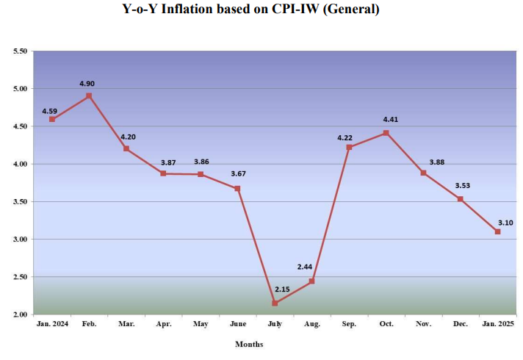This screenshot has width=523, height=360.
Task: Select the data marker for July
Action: pyautogui.click(x=275, y=303)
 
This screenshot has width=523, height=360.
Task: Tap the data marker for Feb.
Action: pyautogui.click(x=89, y=96)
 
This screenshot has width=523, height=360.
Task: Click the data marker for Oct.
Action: pyautogui.click(x=386, y=133)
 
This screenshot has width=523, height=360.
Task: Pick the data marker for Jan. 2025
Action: pyautogui.click(x=497, y=231)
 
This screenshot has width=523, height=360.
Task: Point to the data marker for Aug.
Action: pyautogui.click(x=312, y=281)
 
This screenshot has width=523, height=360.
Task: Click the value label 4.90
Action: pyautogui.click(x=87, y=84)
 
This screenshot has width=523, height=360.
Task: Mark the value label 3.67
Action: pyautogui.click(x=237, y=173)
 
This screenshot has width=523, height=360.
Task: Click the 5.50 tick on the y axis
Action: pyautogui.click(x=20, y=51)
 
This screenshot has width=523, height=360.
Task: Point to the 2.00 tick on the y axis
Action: pyautogui.click(x=20, y=314)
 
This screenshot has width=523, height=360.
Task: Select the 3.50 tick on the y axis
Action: pyautogui.click(x=20, y=202)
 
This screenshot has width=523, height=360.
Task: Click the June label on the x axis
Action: pyautogui.click(x=237, y=323)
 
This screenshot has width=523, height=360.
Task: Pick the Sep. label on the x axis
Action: pyautogui.click(x=349, y=323)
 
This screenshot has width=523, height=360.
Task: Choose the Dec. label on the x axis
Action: pyautogui.click(x=461, y=323)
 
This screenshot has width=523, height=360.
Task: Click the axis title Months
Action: pyautogui.click(x=249, y=344)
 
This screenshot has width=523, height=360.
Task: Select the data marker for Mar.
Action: pyautogui.click(x=126, y=148)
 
